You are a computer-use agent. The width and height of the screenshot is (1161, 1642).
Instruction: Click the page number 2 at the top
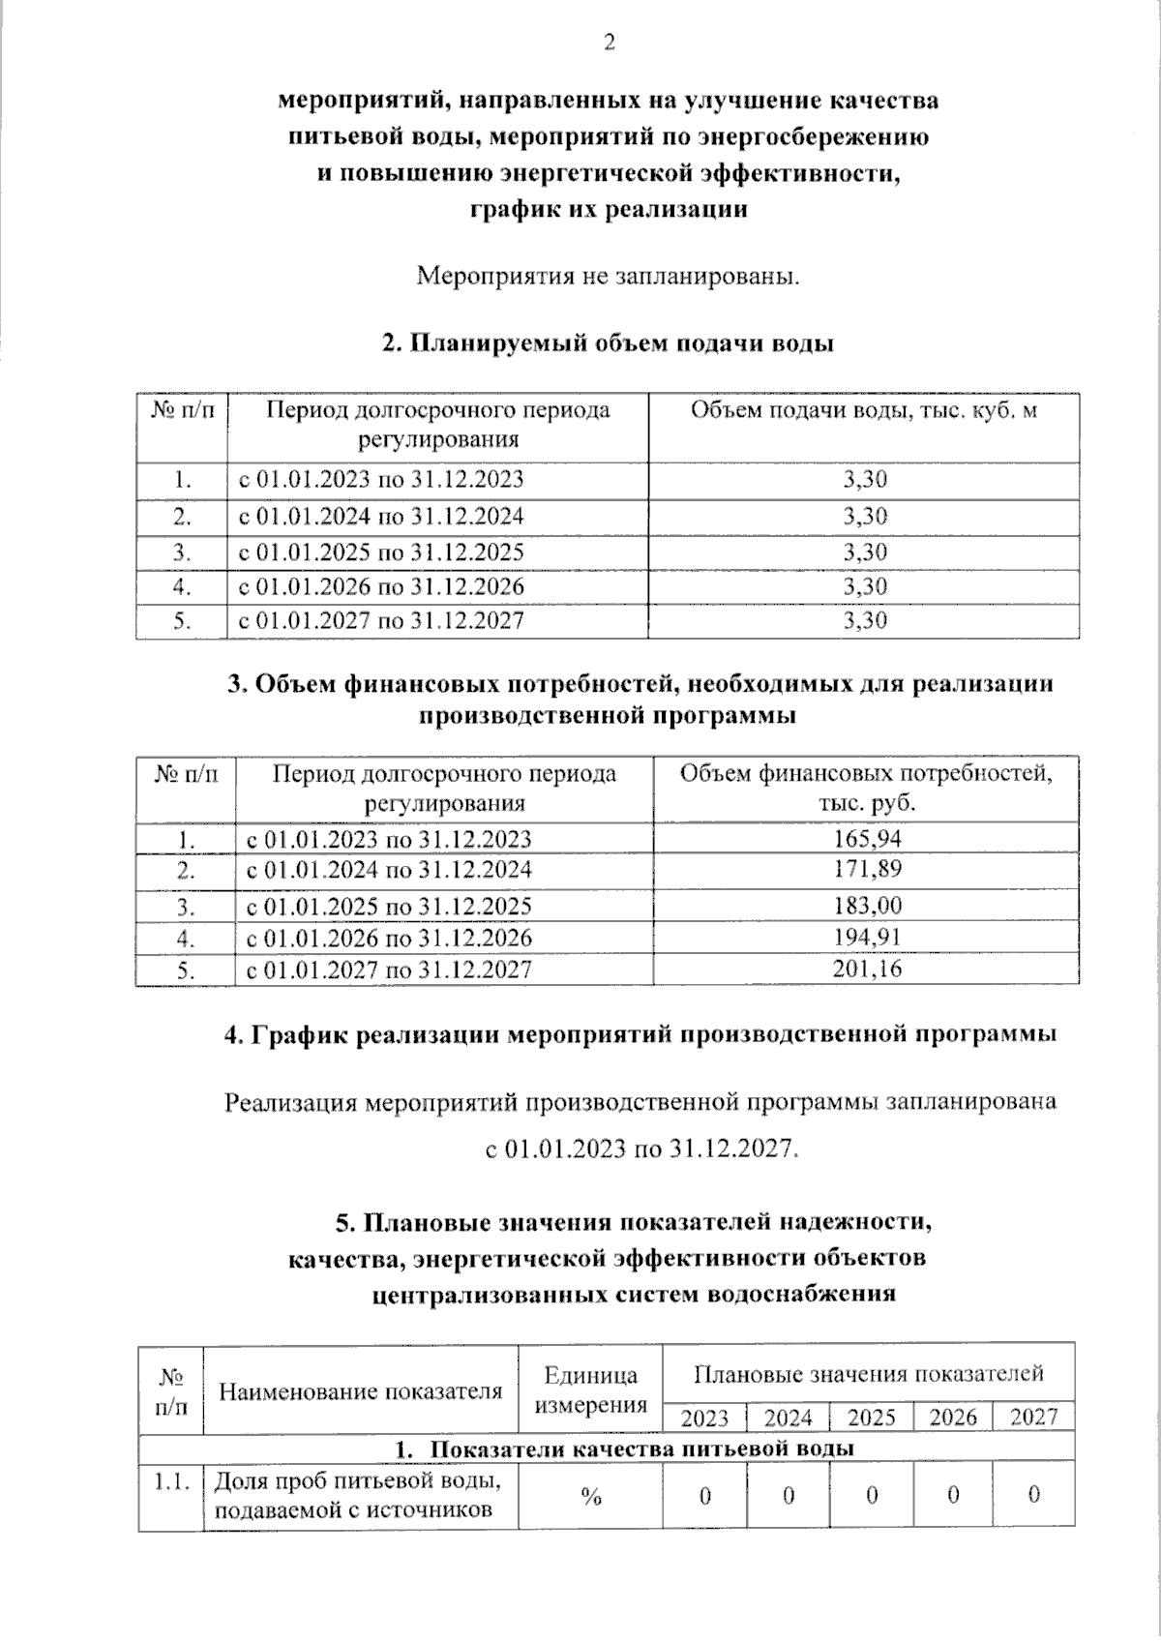click(x=609, y=43)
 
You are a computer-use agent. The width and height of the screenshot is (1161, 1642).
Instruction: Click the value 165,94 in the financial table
click(x=867, y=838)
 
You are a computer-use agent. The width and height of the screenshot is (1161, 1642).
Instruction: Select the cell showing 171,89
click(x=867, y=869)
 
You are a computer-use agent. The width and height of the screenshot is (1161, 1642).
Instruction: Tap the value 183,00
click(x=867, y=906)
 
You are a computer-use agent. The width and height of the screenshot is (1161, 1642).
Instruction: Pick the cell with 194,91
click(x=867, y=937)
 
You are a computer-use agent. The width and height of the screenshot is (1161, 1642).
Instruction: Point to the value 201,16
click(x=867, y=969)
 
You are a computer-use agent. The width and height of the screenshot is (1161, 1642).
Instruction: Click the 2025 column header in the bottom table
click(x=871, y=1418)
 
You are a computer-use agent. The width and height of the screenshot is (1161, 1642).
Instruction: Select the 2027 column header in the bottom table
click(x=1033, y=1418)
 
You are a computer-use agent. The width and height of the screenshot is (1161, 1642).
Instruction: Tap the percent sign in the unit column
click(x=591, y=1496)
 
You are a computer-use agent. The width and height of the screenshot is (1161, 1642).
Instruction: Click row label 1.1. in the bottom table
click(x=169, y=1480)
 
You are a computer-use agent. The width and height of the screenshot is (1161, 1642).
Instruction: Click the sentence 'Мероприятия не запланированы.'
click(x=609, y=277)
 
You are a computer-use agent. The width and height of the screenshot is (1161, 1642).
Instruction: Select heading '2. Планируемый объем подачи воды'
click(x=609, y=343)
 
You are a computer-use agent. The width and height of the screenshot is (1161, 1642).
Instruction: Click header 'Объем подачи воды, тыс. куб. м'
click(x=863, y=410)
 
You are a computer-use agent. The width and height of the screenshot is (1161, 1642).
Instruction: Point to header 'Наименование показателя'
click(x=361, y=1391)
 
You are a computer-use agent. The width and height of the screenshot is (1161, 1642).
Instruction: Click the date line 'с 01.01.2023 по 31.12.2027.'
click(x=641, y=1149)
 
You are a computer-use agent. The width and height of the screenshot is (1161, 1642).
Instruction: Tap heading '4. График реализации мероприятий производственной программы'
click(x=640, y=1034)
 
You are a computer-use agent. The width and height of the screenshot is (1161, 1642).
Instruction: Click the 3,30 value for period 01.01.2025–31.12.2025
click(x=864, y=552)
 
